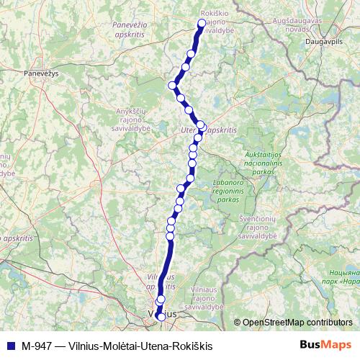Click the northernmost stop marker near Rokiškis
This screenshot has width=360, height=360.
point(202,24)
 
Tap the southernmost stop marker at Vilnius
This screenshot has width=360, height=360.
point(159,315)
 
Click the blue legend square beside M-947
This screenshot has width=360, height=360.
point(9,346)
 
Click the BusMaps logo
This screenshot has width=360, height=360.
point(325,345)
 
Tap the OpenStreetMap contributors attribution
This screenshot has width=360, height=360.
point(297,323)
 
